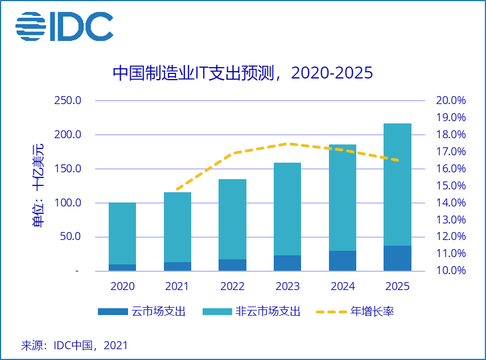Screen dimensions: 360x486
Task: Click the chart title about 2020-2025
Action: pyautogui.click(x=242, y=73)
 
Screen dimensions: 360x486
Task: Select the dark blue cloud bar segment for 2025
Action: pyautogui.click(x=397, y=258)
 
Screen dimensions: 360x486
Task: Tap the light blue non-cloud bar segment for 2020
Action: pyautogui.click(x=122, y=233)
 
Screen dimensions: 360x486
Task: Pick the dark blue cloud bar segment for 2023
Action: pyautogui.click(x=287, y=263)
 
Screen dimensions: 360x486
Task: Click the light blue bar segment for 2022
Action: pyautogui.click(x=232, y=219)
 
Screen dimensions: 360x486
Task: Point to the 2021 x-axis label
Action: pyautogui.click(x=178, y=286)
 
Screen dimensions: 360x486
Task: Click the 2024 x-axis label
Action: pyautogui.click(x=342, y=286)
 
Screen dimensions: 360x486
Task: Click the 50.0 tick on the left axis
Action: pyautogui.click(x=72, y=237)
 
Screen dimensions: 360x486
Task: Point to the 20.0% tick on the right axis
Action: pyautogui.click(x=451, y=101)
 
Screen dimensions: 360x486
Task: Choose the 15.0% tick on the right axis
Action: pyautogui.click(x=451, y=186)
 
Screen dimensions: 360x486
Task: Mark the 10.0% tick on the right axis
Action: pyautogui.click(x=451, y=271)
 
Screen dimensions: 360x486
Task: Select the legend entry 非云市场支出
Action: pyautogui.click(x=266, y=311)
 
